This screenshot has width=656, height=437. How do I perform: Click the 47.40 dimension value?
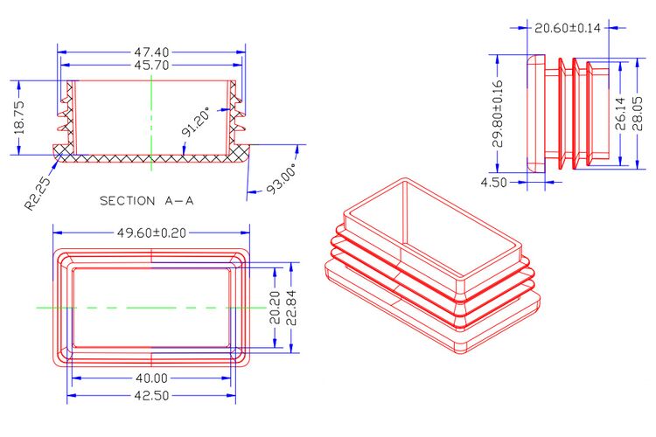click(x=151, y=52)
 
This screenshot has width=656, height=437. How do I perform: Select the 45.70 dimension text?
click(x=151, y=66)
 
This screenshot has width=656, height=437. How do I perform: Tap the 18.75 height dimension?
click(x=19, y=117)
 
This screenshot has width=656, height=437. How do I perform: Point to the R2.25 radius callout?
click(x=38, y=193)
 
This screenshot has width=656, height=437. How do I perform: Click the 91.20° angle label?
click(x=196, y=122)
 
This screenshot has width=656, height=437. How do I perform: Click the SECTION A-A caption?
click(x=147, y=201)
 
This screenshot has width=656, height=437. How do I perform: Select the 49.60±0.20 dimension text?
click(x=151, y=233)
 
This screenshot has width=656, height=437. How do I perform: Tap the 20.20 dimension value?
click(x=275, y=308)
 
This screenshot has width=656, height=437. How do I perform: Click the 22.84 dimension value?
click(x=291, y=308)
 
